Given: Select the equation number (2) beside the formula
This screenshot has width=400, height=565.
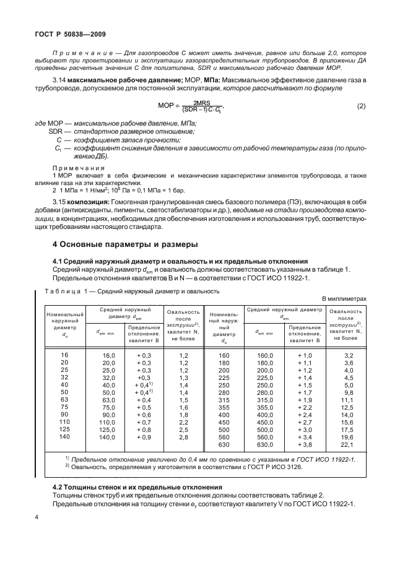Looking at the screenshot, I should coord(362,106).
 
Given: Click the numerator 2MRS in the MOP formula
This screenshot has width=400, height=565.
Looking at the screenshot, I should coord(202,102).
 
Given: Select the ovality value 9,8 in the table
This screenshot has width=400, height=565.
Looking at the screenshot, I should coord(348,392).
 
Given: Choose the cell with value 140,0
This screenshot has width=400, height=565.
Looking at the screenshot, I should coord(108,437).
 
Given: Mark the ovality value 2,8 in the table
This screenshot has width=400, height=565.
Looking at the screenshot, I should coord(183,437).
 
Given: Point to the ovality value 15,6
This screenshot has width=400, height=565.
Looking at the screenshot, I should coord(348,422).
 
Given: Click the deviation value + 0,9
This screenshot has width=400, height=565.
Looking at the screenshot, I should coord(144,437).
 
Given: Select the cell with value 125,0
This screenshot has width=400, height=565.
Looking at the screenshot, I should coord(108,429).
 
